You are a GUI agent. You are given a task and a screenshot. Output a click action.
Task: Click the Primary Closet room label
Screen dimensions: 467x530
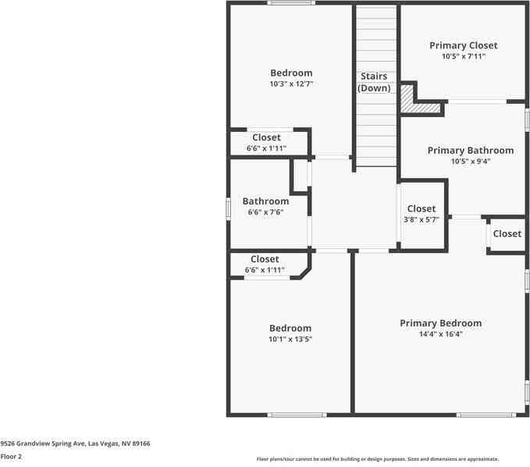coord(463,45)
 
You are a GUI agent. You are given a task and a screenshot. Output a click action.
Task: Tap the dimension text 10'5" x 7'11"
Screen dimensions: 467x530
coord(463,56)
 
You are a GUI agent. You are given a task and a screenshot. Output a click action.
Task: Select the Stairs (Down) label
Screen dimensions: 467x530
coord(374,82)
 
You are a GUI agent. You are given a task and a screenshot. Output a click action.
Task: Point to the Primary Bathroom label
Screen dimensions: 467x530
coord(470,150)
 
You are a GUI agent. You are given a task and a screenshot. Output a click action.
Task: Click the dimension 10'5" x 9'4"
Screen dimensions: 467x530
coord(470,162)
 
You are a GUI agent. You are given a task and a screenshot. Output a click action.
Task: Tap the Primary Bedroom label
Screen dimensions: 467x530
coord(440,323)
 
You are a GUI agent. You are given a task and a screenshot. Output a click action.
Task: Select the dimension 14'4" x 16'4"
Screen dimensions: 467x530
coord(440,334)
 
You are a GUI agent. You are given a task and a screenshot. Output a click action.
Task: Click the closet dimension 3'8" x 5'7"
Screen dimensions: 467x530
coord(421,219)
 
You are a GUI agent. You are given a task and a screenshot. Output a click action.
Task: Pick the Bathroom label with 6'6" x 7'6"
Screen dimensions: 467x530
coord(265,201)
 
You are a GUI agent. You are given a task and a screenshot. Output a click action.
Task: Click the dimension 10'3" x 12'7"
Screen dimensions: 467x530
coord(291,84)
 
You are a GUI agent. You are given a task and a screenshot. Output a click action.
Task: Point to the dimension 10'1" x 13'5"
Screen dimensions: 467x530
coord(290,339)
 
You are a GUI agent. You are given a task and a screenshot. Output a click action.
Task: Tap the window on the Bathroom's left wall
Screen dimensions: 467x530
coord(229,209)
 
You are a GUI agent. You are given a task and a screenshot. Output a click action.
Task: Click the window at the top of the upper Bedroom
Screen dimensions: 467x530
coord(290,3)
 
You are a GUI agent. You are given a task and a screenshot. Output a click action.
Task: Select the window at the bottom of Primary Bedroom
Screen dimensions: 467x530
coord(486,415)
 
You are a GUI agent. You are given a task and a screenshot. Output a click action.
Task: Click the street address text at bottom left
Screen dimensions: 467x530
coord(75,443)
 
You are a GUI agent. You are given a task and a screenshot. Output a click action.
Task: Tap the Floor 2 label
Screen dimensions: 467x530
coord(11,456)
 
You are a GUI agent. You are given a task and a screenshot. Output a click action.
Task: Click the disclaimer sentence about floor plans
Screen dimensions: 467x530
coord(378,459)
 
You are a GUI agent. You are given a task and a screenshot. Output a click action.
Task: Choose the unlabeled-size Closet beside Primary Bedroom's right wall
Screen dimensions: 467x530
coord(507,233)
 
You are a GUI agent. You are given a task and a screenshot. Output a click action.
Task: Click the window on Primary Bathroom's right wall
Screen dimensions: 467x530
coord(527,119)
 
